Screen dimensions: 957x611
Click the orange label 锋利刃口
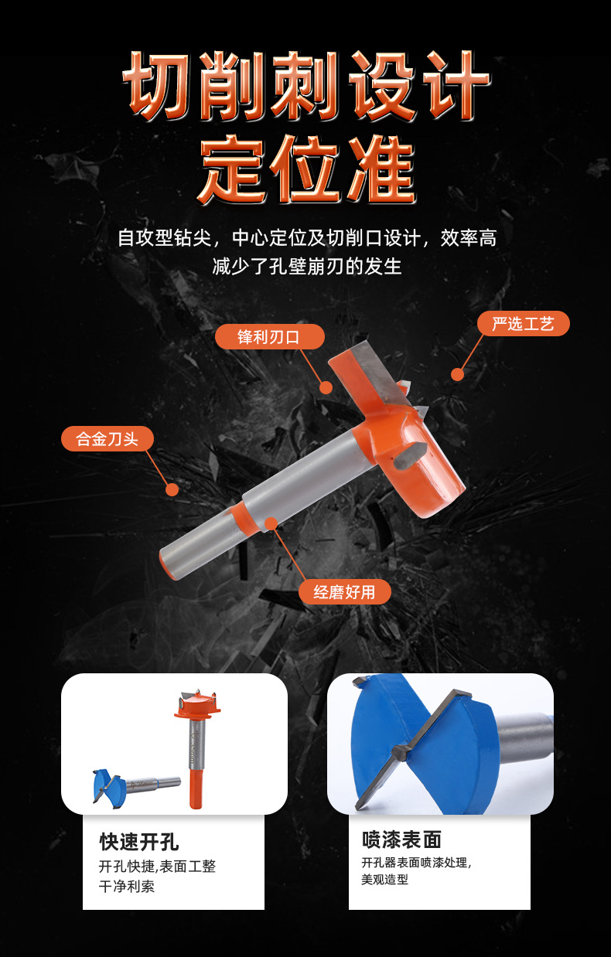269,337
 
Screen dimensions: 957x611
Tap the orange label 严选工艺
523,324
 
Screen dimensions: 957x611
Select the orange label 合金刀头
108,439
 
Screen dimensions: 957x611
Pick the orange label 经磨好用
344,592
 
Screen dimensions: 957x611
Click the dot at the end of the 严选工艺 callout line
457,374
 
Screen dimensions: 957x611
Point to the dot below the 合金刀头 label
172,489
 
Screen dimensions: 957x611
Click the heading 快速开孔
139,841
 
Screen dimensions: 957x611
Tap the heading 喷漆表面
401,840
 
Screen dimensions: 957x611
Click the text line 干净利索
127,887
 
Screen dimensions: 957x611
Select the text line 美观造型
384,880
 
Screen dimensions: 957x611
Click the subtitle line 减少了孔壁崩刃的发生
307,267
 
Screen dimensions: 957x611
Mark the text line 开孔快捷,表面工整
157,867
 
